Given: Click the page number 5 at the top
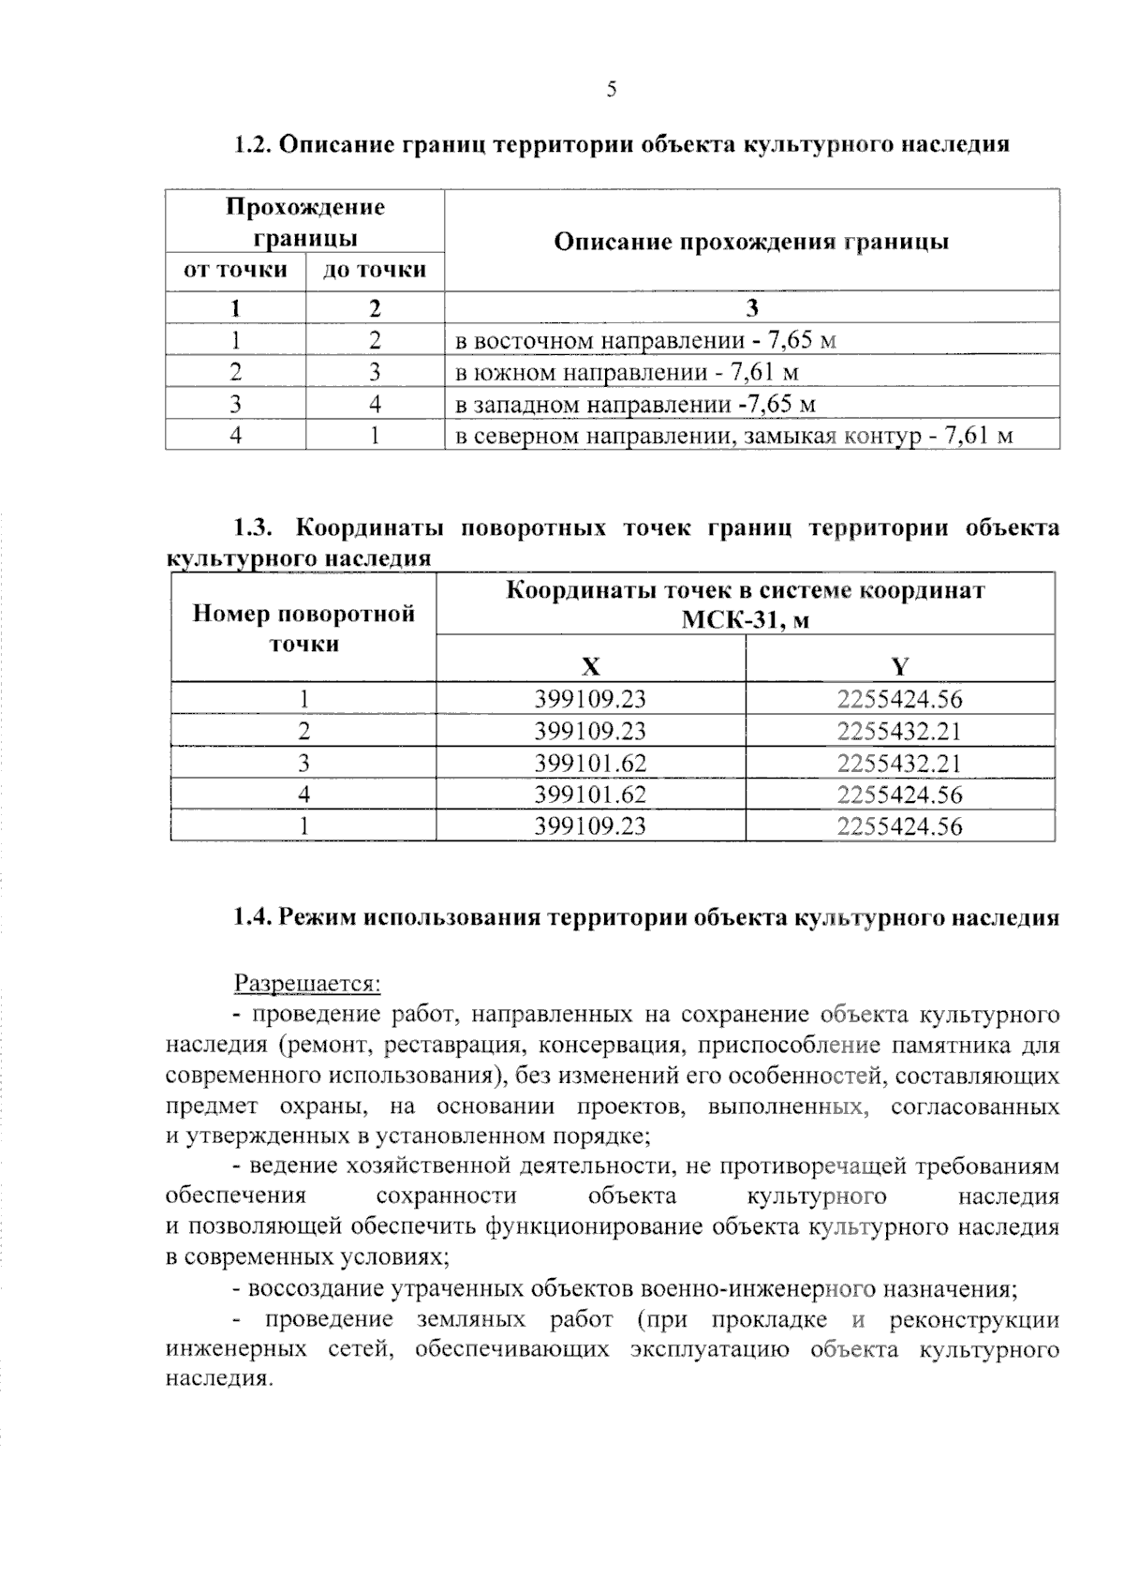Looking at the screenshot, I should tap(612, 90).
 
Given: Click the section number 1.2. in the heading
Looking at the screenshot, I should tap(252, 145).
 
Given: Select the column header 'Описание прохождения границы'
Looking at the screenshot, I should tap(751, 242).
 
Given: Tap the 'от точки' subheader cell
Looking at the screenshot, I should tap(235, 271).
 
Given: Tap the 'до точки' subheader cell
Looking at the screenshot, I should tap(375, 271).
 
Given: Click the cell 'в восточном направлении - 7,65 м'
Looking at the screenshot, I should tap(645, 340).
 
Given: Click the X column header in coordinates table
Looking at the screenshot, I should tap(590, 667).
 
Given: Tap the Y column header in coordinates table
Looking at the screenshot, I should tap(899, 667).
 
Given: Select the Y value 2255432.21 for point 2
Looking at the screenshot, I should tap(899, 731).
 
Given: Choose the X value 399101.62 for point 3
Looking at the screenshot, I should tap(590, 763).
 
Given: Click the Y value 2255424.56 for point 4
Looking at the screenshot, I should tap(899, 795).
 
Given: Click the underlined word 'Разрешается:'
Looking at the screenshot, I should tap(307, 984).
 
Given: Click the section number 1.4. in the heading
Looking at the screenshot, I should tap(252, 918).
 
